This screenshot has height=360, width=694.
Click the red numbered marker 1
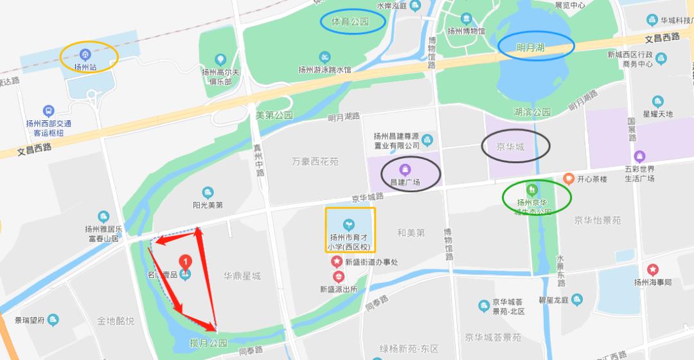[x=186, y=262]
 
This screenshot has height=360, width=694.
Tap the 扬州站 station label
[x=85, y=66]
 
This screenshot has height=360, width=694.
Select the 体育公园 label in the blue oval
[x=351, y=22]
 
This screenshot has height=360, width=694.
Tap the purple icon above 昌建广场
[x=405, y=170]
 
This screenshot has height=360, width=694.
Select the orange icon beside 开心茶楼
[x=568, y=178]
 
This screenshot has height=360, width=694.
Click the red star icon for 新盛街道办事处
[x=336, y=262]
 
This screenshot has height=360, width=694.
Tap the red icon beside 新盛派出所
[x=339, y=277]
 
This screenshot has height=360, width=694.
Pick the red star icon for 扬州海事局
[x=653, y=269]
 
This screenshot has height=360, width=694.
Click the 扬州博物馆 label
[x=466, y=31]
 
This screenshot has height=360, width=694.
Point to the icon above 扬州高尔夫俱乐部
[x=220, y=60]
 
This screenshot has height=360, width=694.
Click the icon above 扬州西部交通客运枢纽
[x=48, y=111]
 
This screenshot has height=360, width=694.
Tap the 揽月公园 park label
[x=209, y=343]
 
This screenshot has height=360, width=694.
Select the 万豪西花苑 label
[x=315, y=161]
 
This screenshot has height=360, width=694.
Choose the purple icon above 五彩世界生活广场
[x=639, y=156]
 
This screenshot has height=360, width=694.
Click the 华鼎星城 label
[x=242, y=276]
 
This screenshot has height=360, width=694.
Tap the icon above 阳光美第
[x=207, y=192]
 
